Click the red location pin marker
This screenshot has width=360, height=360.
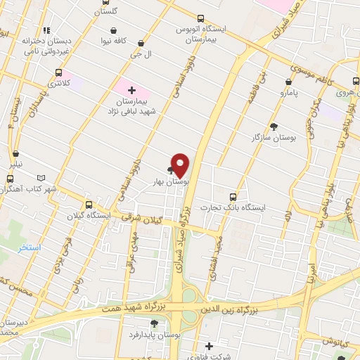click(181, 165)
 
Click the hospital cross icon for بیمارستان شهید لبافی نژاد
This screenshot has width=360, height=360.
click(131, 90)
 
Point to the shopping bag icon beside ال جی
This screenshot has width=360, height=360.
click(141, 43)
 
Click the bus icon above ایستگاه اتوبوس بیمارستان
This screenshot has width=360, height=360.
click(201, 18)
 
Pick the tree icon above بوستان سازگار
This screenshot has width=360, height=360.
click(273, 126)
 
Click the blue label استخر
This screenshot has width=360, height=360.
click(31, 248)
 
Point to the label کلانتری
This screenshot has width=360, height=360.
click(59, 83)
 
